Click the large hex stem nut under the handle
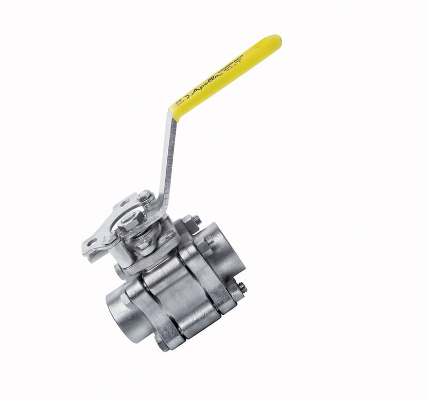click(x=132, y=221)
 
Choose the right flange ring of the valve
click(x=209, y=285)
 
